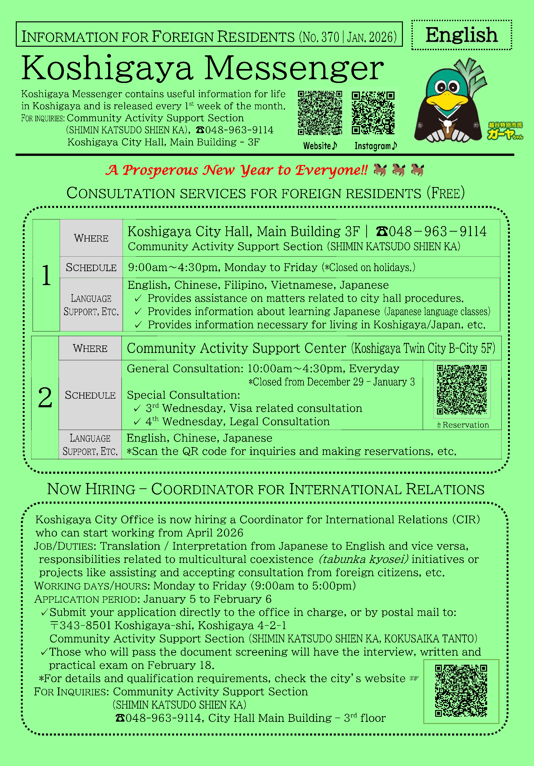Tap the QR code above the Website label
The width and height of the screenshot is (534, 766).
pos(320,113)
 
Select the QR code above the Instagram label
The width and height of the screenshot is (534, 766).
pos(373,113)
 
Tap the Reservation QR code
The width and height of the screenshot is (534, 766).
pos(462,389)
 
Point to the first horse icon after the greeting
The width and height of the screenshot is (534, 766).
pos(380,170)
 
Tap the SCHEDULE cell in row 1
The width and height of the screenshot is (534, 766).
pos(91,267)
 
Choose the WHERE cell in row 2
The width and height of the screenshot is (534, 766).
pos(90,348)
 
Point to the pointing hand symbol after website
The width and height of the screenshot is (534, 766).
pos(414,678)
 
